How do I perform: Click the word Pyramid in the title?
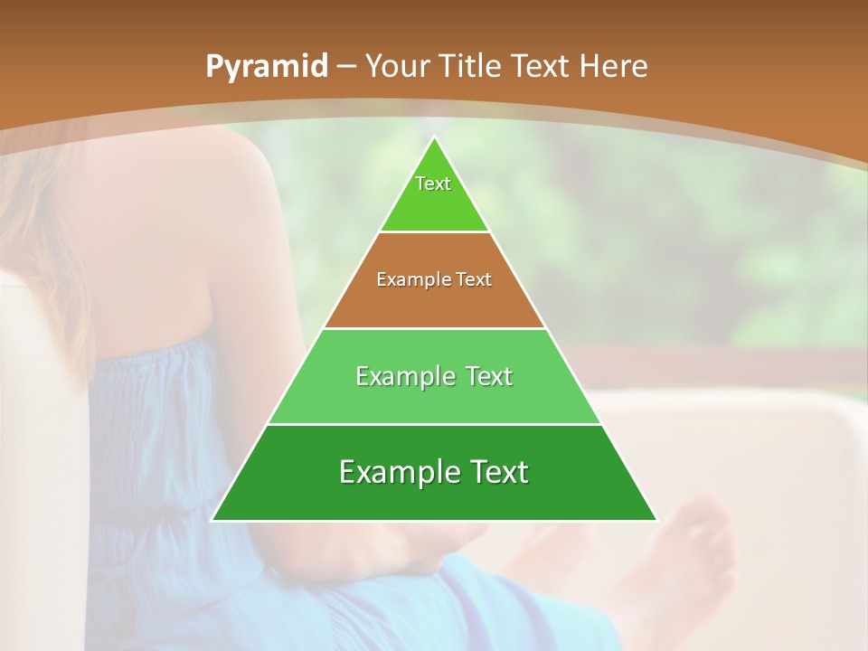click(266, 67)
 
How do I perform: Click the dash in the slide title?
click(346, 67)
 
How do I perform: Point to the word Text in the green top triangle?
click(433, 184)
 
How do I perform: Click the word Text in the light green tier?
click(488, 376)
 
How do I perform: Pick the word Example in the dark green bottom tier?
click(396, 472)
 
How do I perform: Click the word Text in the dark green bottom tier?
click(499, 472)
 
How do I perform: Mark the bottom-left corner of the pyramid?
click(212, 521)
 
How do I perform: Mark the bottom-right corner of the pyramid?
click(656, 521)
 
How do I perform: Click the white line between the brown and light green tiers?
click(435, 328)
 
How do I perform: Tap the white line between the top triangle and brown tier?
click(435, 232)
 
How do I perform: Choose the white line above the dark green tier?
click(435, 424)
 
